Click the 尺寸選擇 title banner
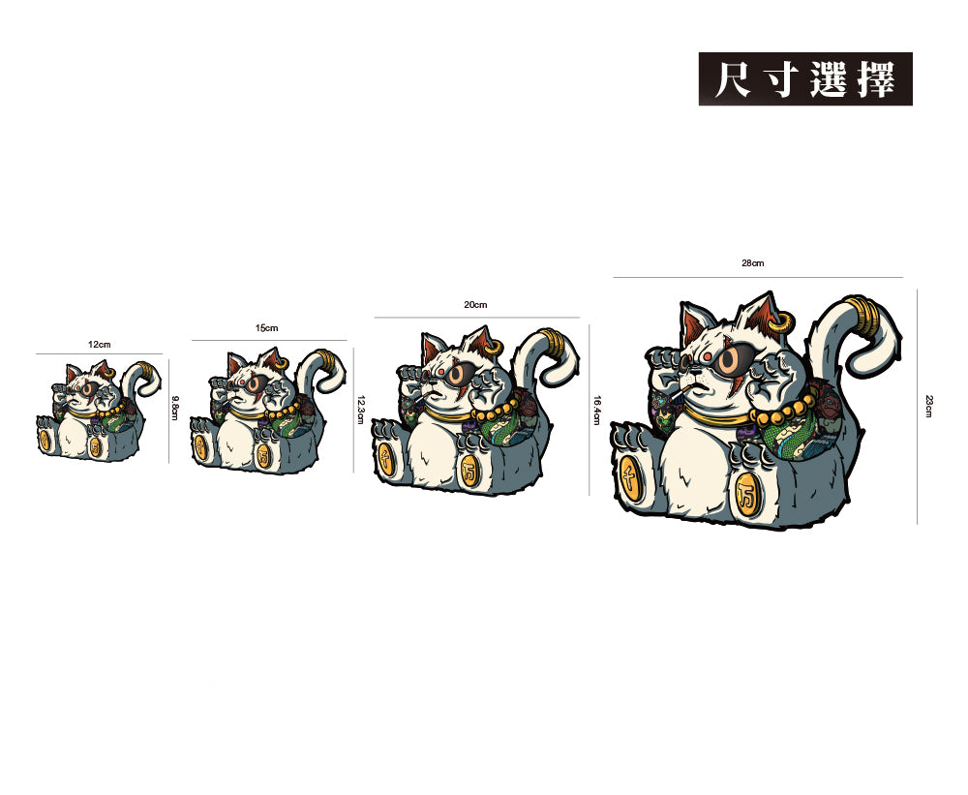point(805,78)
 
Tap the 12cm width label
point(99,345)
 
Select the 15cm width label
point(267,329)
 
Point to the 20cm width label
point(475,305)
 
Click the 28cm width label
point(753,263)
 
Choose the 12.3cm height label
point(360,410)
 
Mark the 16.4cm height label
point(597,410)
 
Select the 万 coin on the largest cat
point(746,490)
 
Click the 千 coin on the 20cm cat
point(386,455)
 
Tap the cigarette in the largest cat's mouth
point(684,392)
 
